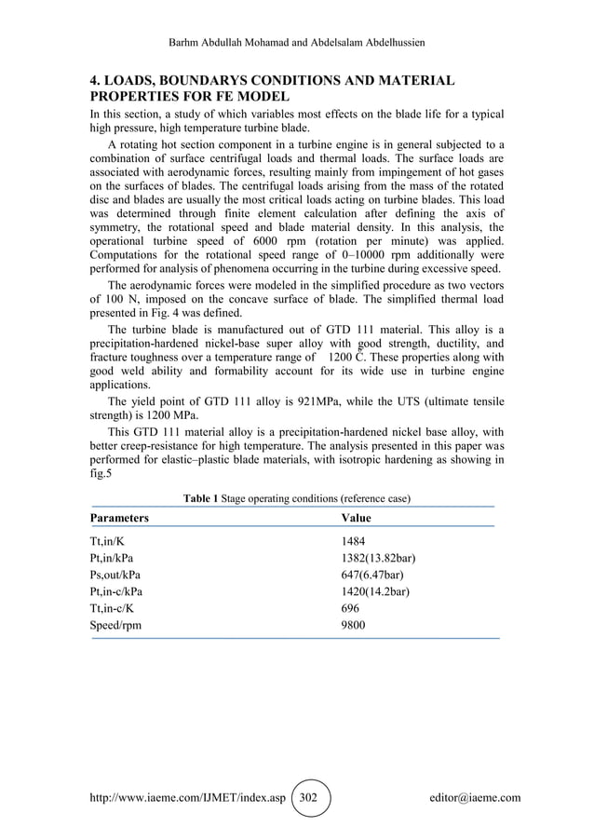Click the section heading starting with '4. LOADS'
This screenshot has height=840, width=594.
(x=270, y=88)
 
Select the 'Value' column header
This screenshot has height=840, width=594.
(x=356, y=517)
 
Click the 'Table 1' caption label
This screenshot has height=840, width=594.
(x=201, y=499)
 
